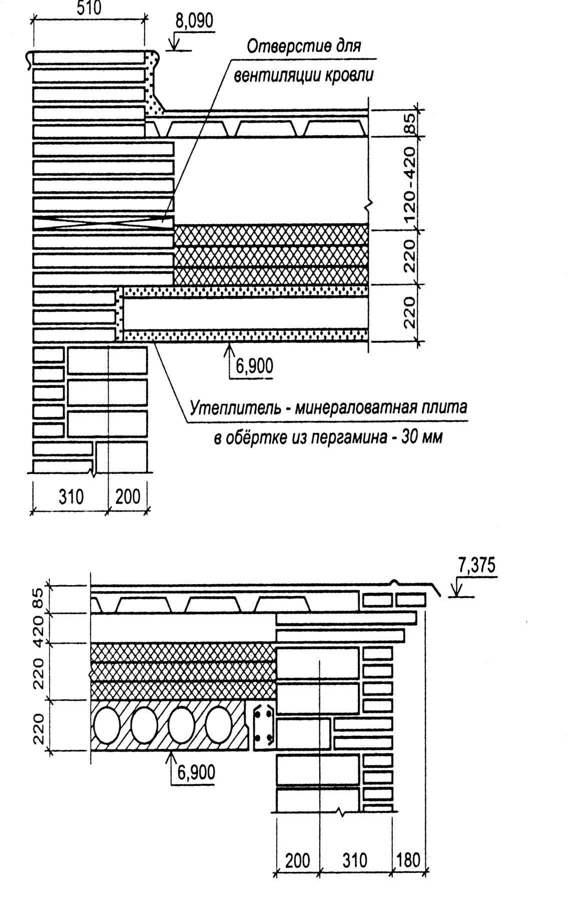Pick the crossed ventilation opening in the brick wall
104,223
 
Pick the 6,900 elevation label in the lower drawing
195,773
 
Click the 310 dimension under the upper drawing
71,498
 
